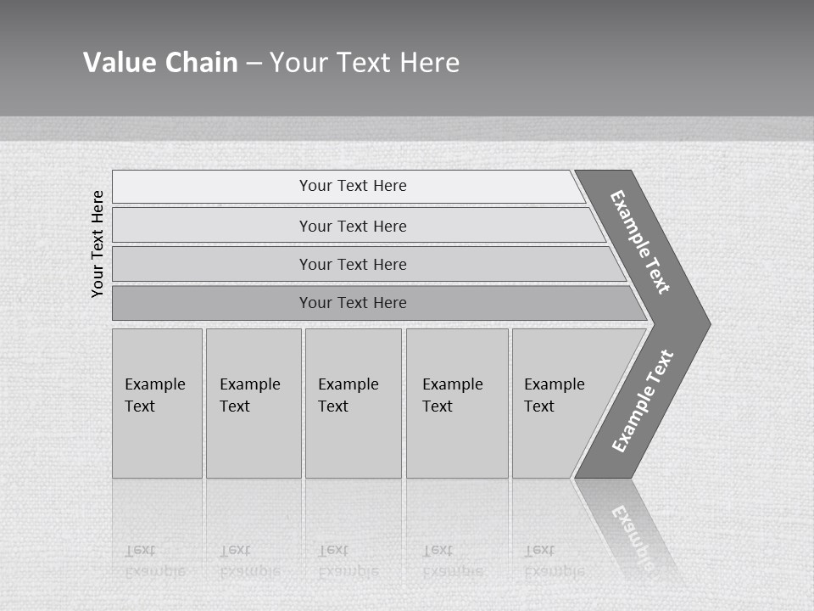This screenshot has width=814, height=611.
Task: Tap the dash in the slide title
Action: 254,64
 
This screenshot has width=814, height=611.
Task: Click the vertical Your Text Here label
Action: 98,244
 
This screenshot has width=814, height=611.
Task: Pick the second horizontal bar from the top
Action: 353,226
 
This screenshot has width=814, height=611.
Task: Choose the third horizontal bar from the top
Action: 353,264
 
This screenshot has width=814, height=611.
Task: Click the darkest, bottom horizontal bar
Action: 353,303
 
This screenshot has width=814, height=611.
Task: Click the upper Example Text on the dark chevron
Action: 640,242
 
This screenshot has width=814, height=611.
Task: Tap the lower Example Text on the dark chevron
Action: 642,401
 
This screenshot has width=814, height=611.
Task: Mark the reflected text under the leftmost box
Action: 154,561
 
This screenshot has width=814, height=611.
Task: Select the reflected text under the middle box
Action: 348,561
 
